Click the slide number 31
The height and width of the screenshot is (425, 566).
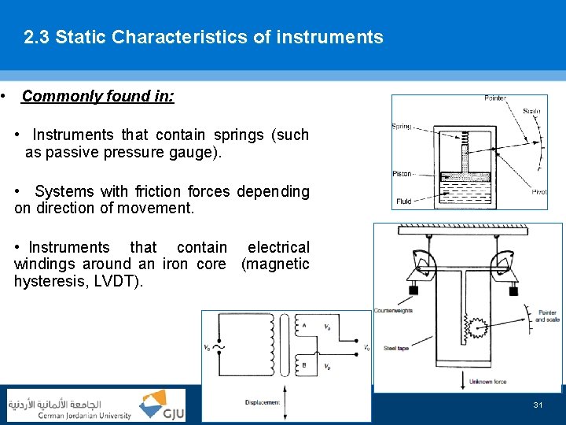click(538, 405)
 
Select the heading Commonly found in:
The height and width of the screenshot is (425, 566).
click(98, 97)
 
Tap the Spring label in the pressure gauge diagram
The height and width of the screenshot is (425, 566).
click(402, 127)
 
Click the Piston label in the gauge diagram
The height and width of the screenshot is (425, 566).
click(402, 174)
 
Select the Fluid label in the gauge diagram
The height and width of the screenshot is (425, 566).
click(403, 201)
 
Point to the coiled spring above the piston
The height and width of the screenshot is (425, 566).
click(465, 144)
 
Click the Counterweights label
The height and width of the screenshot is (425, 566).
click(394, 311)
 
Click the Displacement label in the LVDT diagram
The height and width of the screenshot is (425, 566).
click(263, 401)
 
